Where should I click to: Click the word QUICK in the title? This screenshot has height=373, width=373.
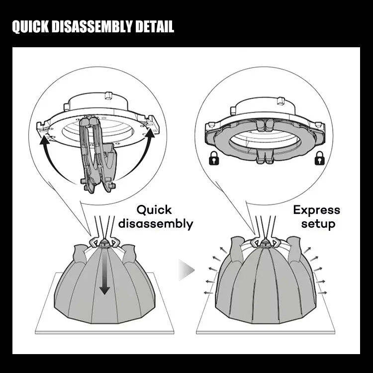tap(29, 27)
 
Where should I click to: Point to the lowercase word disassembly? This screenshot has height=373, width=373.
tap(155, 224)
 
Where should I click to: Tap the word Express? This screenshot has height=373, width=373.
tap(317, 210)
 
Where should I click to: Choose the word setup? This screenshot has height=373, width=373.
tap(318, 224)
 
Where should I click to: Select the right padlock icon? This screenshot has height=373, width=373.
tap(319, 159)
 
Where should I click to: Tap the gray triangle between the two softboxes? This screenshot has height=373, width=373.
tap(186, 271)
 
